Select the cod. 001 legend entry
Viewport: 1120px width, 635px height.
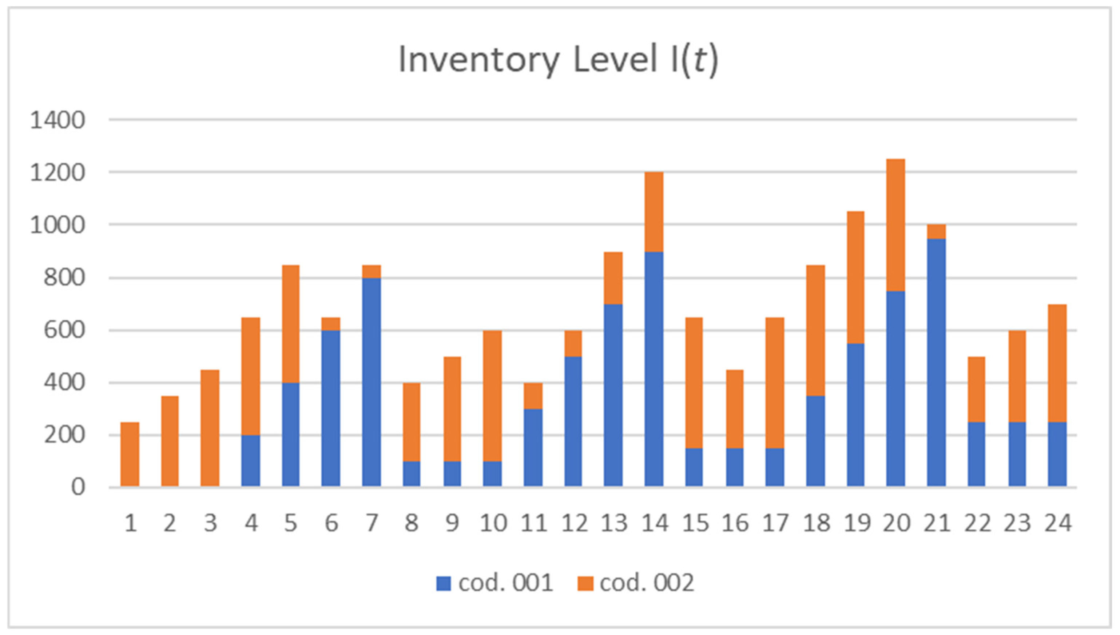click(495, 583)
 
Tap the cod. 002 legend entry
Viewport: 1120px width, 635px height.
click(636, 583)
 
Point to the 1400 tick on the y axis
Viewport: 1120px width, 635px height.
click(57, 120)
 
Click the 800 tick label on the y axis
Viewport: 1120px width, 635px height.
click(64, 278)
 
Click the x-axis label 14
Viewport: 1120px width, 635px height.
click(655, 523)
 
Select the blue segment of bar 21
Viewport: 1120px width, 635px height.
click(936, 362)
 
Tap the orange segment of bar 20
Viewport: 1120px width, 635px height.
click(896, 225)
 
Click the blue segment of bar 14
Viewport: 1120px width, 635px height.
click(654, 368)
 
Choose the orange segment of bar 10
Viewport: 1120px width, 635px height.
click(492, 396)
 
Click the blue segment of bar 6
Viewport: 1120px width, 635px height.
click(331, 408)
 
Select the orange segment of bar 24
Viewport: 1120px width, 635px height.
click(1057, 363)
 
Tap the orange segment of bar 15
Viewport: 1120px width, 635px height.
click(694, 383)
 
